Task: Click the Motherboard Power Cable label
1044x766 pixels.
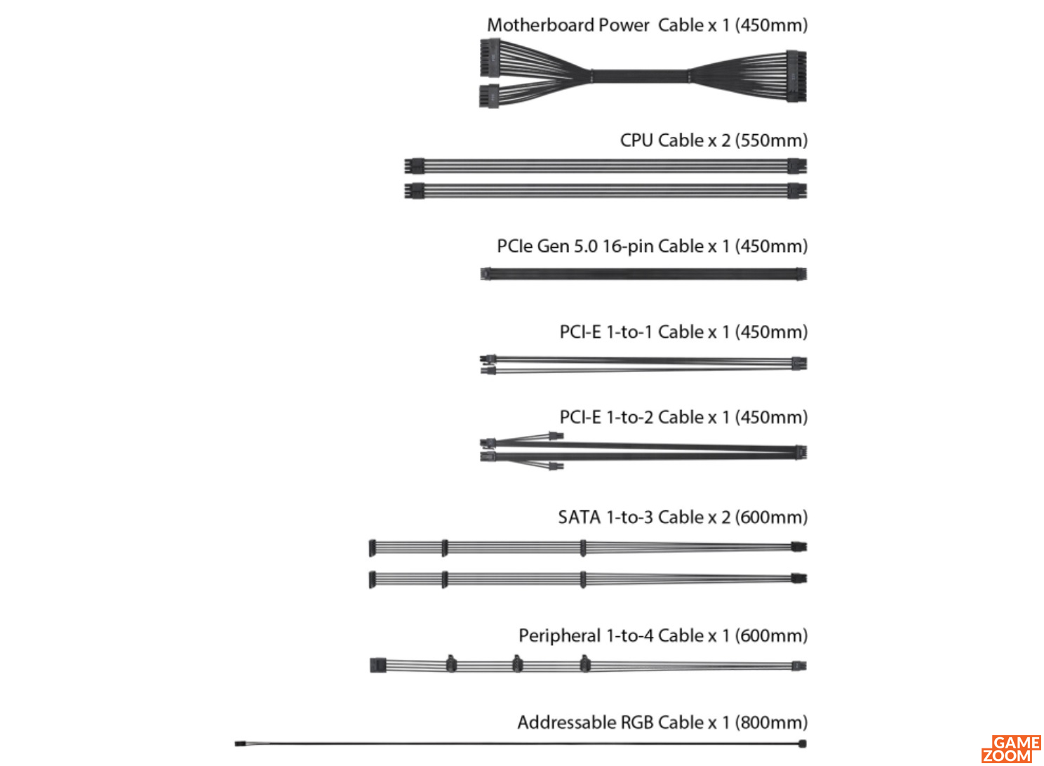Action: pos(648,25)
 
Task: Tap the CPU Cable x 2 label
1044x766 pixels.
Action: pos(714,140)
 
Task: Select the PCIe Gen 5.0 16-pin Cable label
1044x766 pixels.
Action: pos(652,246)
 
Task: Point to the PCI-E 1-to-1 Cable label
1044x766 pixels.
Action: pos(684,332)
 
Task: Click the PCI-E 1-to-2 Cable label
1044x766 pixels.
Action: pos(684,418)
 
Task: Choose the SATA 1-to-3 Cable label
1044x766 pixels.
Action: pos(683,517)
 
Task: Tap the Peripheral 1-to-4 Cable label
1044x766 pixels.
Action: pos(663,636)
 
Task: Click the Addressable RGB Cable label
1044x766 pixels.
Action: pos(662,722)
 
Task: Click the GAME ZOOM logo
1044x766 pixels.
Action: pos(1012,748)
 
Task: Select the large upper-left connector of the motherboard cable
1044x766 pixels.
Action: pos(490,58)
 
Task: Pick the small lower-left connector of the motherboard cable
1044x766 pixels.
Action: pos(489,96)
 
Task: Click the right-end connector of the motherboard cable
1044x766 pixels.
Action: pos(796,76)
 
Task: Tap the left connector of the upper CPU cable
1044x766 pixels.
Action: pos(415,166)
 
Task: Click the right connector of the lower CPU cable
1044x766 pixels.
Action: pos(798,191)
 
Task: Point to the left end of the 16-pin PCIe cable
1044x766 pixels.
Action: pos(486,274)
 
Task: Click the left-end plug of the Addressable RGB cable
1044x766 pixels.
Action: pos(240,744)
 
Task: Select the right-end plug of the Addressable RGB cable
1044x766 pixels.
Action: pos(803,744)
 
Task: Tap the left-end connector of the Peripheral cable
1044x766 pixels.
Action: pos(378,665)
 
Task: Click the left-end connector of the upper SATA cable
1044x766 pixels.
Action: pos(372,548)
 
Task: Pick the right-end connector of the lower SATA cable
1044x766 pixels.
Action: pos(799,579)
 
